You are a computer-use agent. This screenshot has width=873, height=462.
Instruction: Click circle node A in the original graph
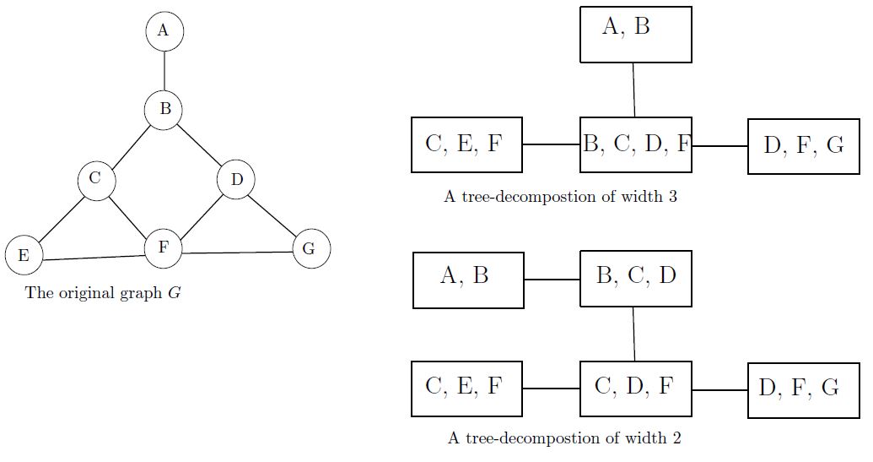(164, 31)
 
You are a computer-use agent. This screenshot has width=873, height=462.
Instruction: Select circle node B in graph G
(164, 110)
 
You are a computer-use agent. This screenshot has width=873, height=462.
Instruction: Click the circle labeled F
(164, 248)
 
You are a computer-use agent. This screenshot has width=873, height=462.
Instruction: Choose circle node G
(310, 248)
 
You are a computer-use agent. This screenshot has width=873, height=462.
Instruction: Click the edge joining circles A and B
(164, 70)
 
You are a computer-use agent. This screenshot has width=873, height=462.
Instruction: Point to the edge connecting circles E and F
(94, 257)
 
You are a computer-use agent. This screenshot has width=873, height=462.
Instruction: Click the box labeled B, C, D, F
(636, 145)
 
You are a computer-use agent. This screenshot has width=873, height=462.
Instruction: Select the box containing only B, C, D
(636, 278)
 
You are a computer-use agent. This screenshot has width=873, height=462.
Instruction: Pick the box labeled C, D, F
(636, 389)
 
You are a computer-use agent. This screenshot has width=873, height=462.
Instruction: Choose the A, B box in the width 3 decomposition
(636, 34)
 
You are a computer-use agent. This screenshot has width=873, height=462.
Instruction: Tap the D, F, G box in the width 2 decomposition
(804, 389)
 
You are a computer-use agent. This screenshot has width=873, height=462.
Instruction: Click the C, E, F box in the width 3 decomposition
(466, 145)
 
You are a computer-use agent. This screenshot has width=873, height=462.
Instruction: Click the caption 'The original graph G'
(104, 294)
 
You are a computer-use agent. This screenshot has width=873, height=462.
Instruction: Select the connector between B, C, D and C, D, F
(633, 334)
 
